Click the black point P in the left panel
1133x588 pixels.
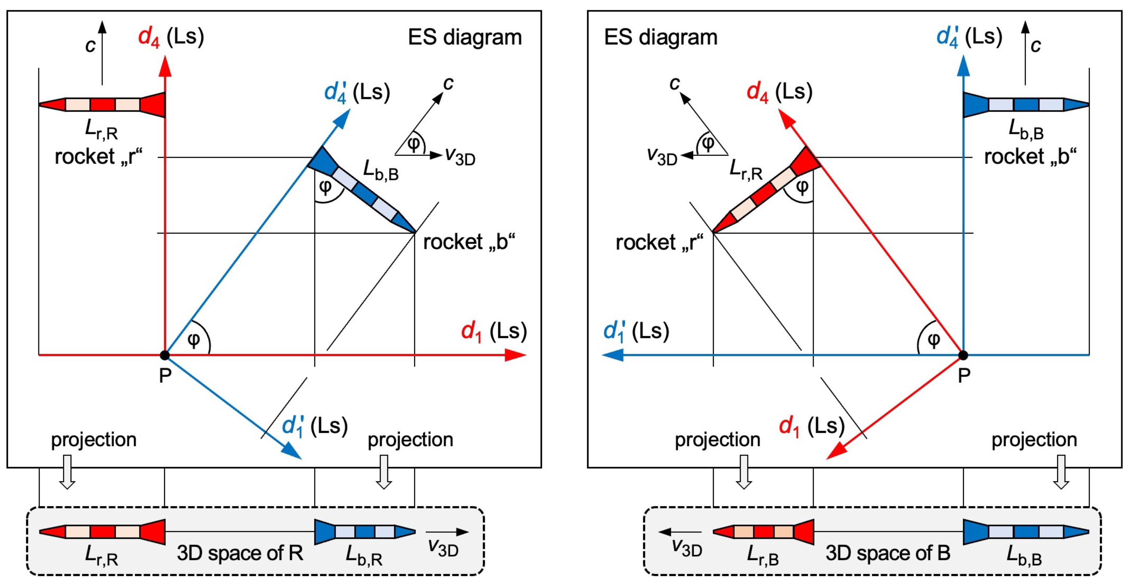coord(165,355)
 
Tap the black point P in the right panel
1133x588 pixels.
coord(963,355)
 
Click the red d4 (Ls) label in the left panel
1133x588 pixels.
coord(171,37)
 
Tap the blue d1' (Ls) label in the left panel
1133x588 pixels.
coord(314,426)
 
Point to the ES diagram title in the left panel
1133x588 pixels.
coord(464,38)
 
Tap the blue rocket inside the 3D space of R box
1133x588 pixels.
coord(365,532)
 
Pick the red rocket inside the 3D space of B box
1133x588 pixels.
coord(763,532)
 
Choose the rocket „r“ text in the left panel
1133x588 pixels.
coord(99,157)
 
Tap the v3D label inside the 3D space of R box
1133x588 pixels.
coord(443,548)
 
